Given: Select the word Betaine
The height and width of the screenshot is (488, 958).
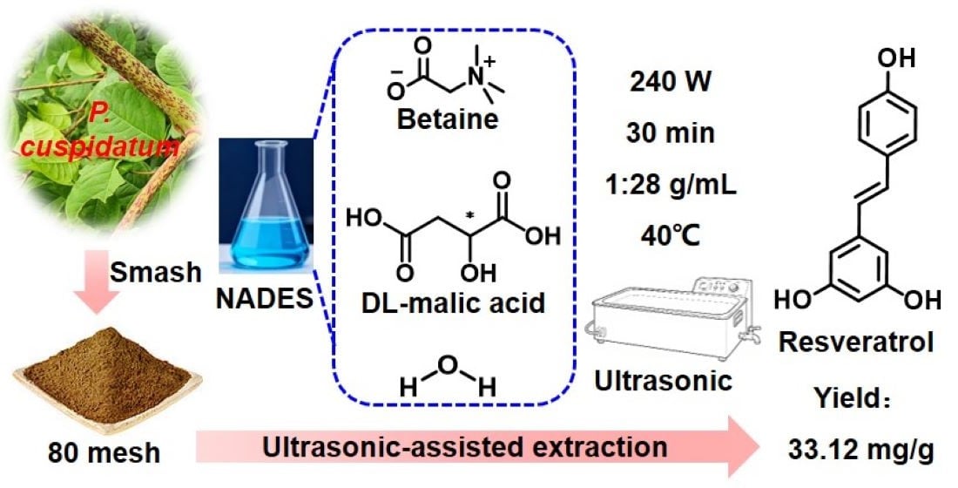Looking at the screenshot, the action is click(448, 118).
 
